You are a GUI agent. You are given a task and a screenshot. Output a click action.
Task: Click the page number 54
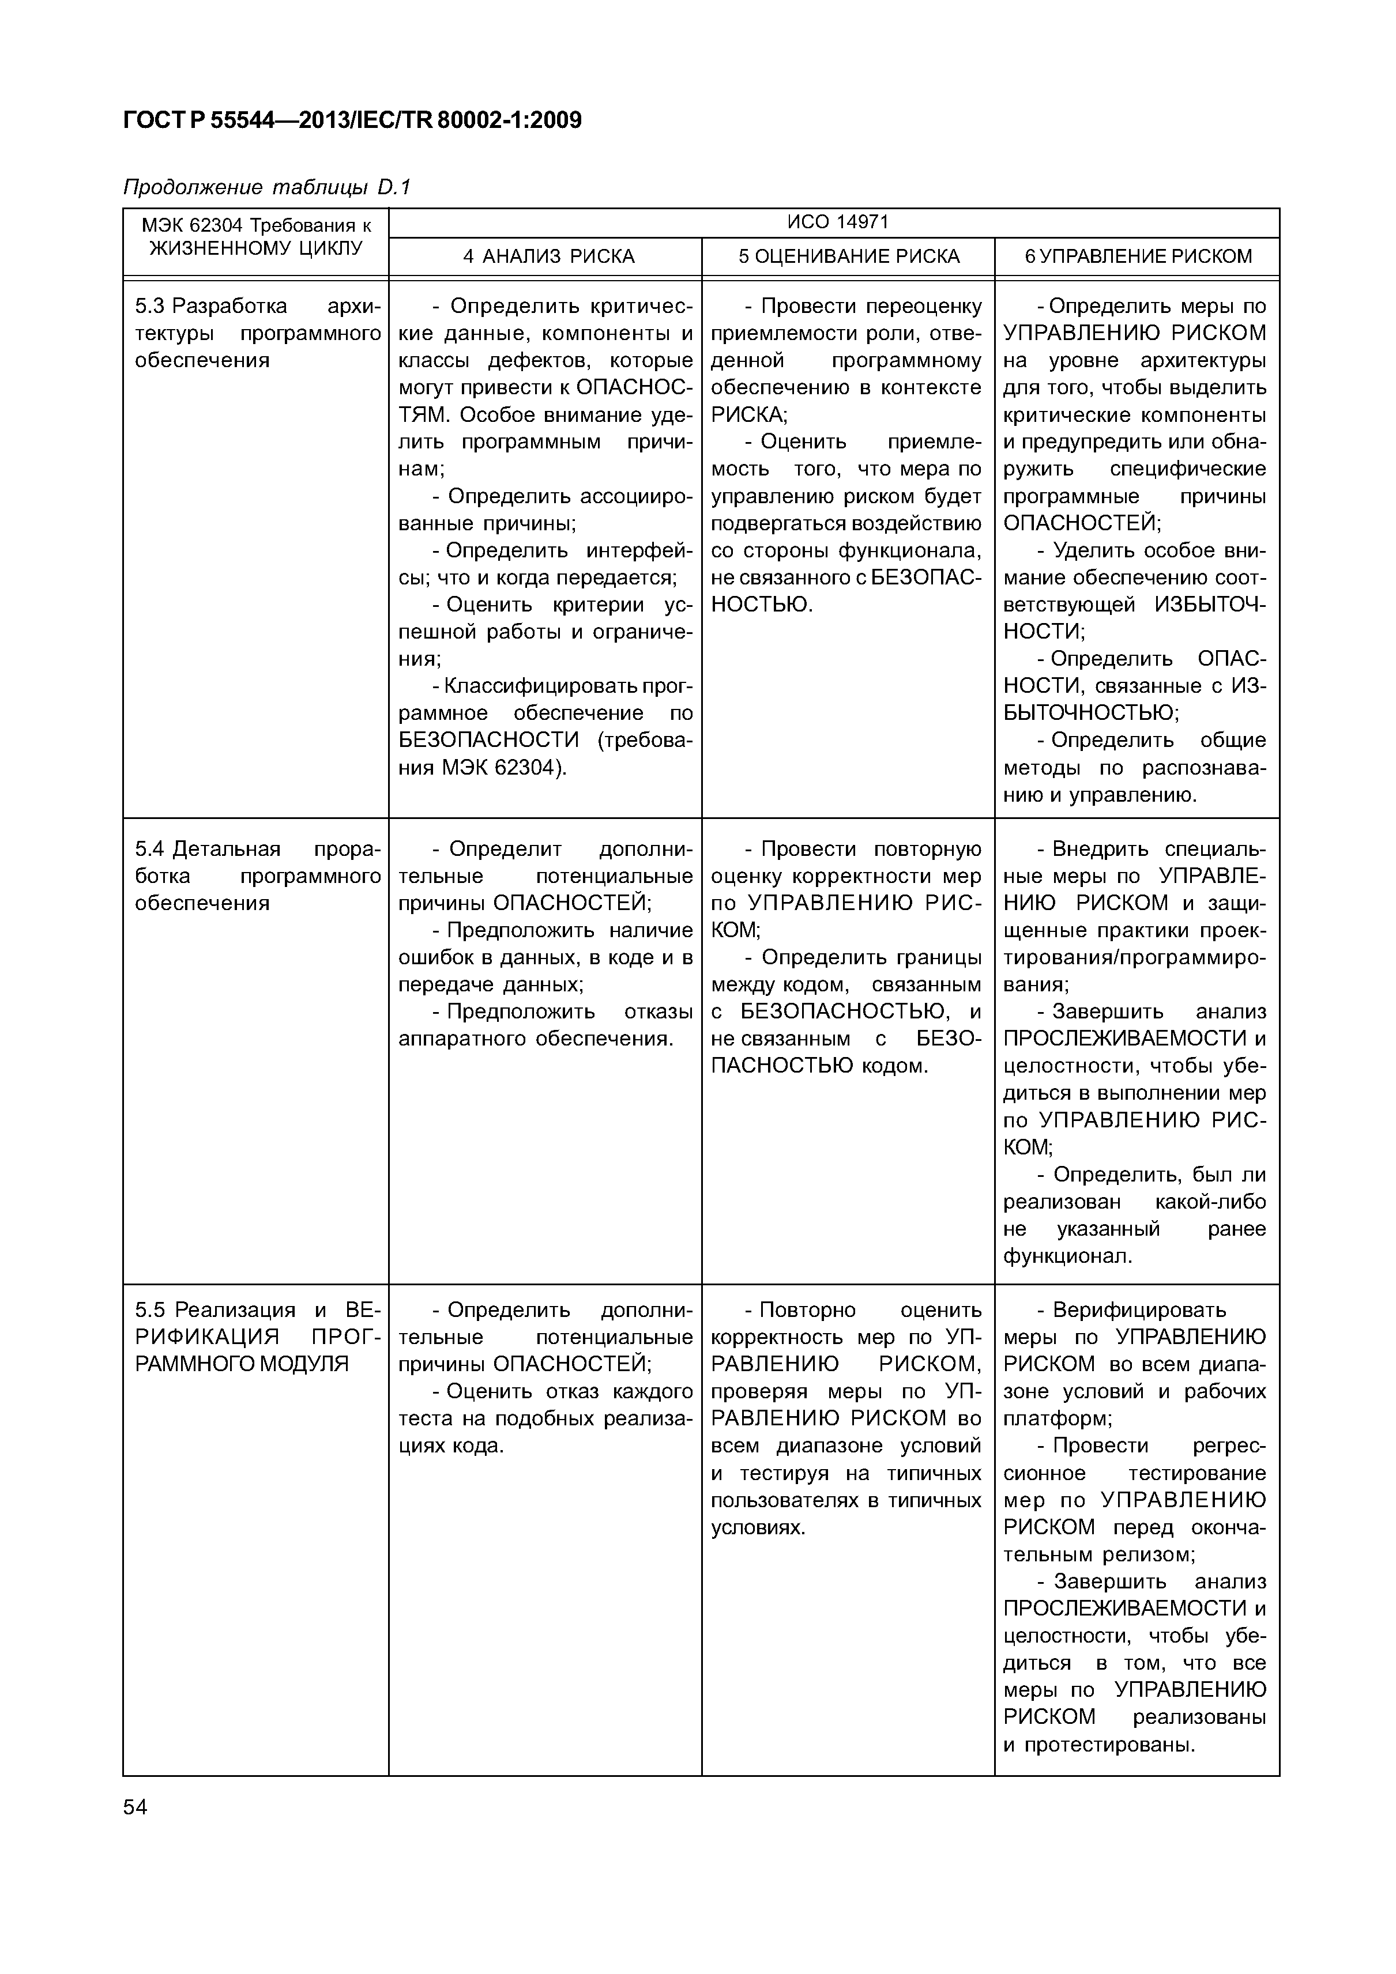135,1807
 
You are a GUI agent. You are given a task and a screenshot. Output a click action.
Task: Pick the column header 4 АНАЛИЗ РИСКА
548,256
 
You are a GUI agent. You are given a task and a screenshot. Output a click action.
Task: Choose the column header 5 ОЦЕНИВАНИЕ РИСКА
849,256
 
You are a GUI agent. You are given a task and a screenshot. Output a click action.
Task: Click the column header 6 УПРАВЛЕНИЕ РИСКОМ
1137,256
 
